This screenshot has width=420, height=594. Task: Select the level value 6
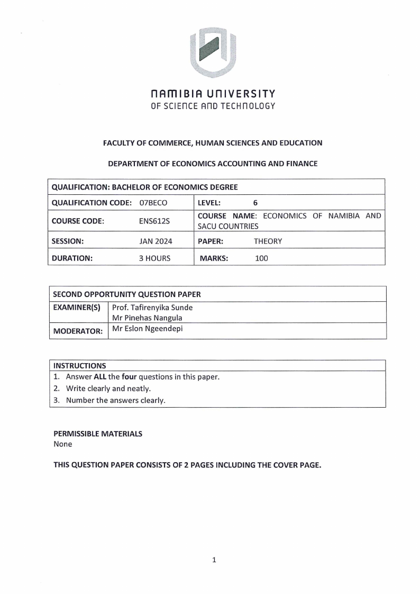coord(255,202)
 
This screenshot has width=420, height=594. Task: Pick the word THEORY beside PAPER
coord(268,241)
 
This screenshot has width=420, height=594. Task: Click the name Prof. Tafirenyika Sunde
coord(152,308)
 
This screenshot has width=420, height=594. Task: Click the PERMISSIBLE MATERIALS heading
coord(98,434)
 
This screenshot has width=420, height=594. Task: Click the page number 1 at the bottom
coord(214,560)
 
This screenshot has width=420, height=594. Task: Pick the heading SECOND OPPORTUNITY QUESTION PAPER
coord(126,294)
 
